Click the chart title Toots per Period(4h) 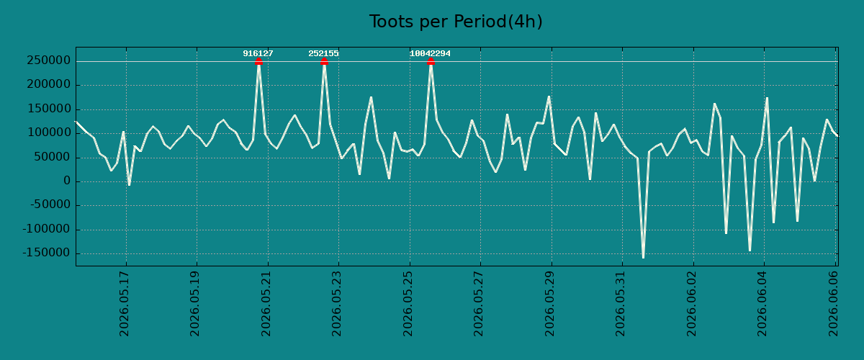click(456, 22)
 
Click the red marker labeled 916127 click(258, 61)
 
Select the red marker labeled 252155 click(324, 61)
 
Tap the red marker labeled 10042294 click(431, 61)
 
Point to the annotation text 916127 click(258, 53)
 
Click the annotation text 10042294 click(430, 53)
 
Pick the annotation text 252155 click(323, 53)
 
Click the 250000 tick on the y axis click(49, 60)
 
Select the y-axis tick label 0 click(67, 181)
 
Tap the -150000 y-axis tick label click(47, 253)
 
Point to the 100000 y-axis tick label click(49, 132)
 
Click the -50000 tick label click(50, 205)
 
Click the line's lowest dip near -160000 click(643, 257)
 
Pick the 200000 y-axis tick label click(49, 84)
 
